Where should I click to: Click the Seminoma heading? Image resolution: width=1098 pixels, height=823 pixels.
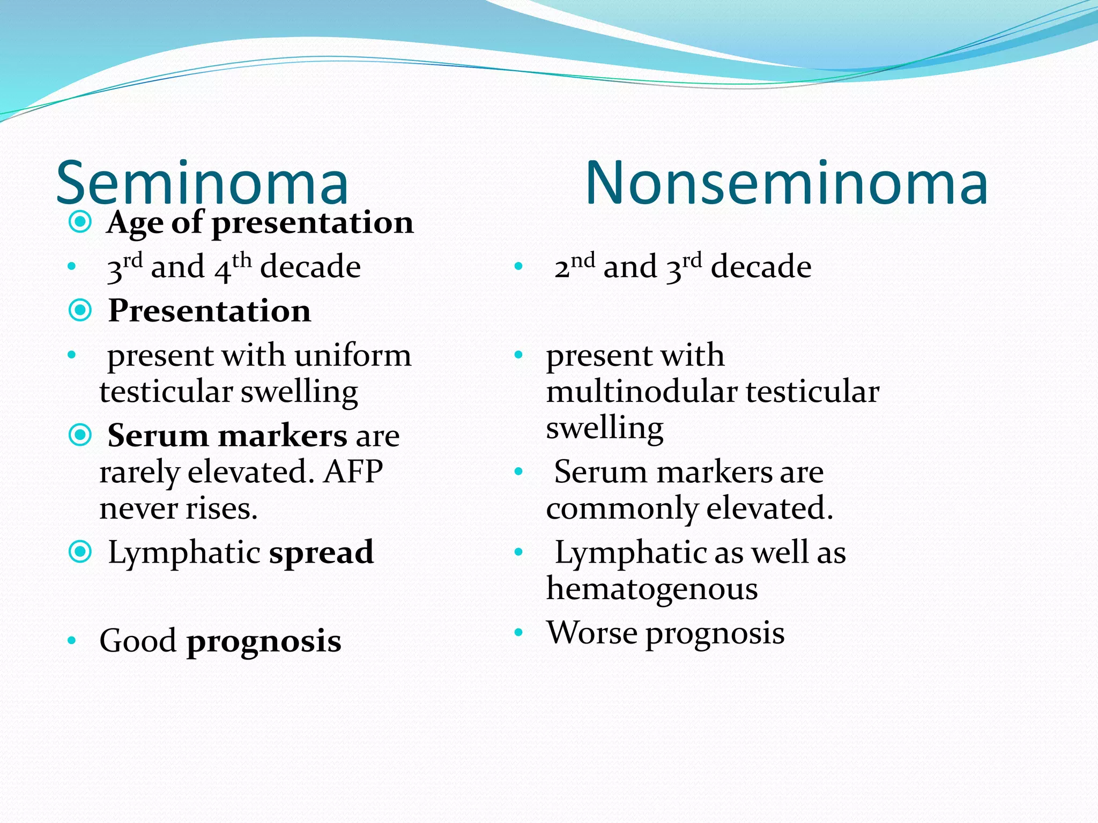coord(203,183)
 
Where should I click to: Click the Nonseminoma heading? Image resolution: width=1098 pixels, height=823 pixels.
coord(787,183)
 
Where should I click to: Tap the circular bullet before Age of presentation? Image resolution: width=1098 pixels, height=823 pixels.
coord(80,221)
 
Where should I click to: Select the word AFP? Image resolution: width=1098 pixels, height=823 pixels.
coord(353,472)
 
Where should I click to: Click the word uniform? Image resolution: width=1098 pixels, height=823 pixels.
coord(353,355)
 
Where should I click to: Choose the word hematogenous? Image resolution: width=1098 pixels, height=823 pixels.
coord(652,589)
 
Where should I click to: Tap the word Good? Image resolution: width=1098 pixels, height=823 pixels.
coord(138,641)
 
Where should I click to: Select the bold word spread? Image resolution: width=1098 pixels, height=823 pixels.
coord(321,552)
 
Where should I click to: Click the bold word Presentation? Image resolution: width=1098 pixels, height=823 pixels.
coord(210,311)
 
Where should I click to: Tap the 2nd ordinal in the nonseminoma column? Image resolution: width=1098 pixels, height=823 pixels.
coord(574,266)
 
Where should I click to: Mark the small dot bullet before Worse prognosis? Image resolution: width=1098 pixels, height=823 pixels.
coord(518,633)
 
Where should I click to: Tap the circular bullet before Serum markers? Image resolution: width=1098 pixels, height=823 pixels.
coord(80,435)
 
